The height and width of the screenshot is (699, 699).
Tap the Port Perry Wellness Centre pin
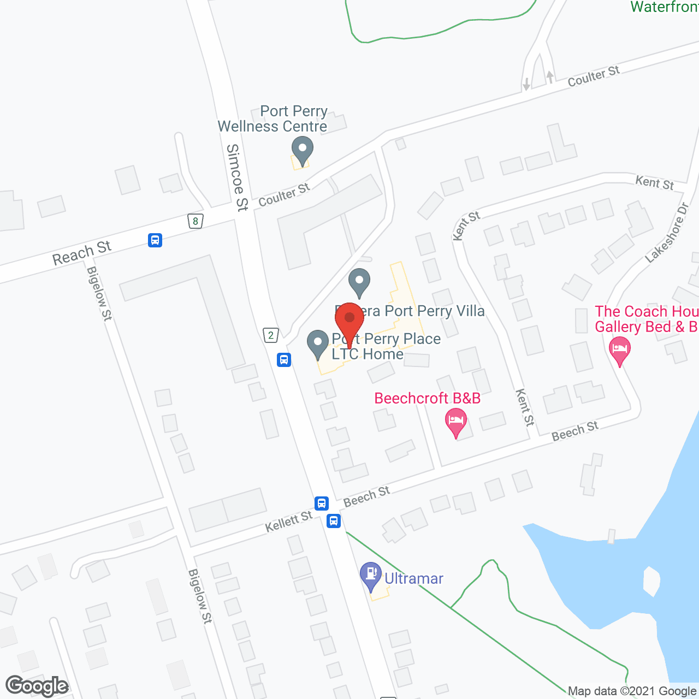coord(302,149)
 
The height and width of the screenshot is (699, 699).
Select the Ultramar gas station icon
coord(371,575)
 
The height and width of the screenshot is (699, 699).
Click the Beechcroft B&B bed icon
coord(456,421)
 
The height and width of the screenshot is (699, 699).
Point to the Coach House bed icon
coord(619,348)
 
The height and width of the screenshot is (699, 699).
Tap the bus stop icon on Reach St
coord(155,240)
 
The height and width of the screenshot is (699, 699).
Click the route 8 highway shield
coord(196,221)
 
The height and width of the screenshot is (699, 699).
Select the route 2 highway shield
coord(270,335)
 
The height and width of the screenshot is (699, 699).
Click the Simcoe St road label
coord(236,177)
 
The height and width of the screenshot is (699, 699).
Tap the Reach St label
coord(82,253)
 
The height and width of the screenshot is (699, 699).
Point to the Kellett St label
coord(288,522)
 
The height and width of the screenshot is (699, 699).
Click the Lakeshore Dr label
coord(668,232)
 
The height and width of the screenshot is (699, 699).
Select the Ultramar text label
coord(414,578)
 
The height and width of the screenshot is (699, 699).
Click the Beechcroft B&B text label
coord(427,398)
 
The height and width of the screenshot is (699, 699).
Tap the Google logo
coord(37,686)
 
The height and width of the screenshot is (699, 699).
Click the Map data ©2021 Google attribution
coord(632,691)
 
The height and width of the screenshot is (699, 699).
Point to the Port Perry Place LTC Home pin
coord(317,344)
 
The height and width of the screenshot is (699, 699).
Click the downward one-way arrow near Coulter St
coord(526,84)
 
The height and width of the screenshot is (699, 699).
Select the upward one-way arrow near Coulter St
coord(550,76)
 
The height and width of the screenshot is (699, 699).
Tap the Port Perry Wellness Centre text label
coord(273,119)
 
